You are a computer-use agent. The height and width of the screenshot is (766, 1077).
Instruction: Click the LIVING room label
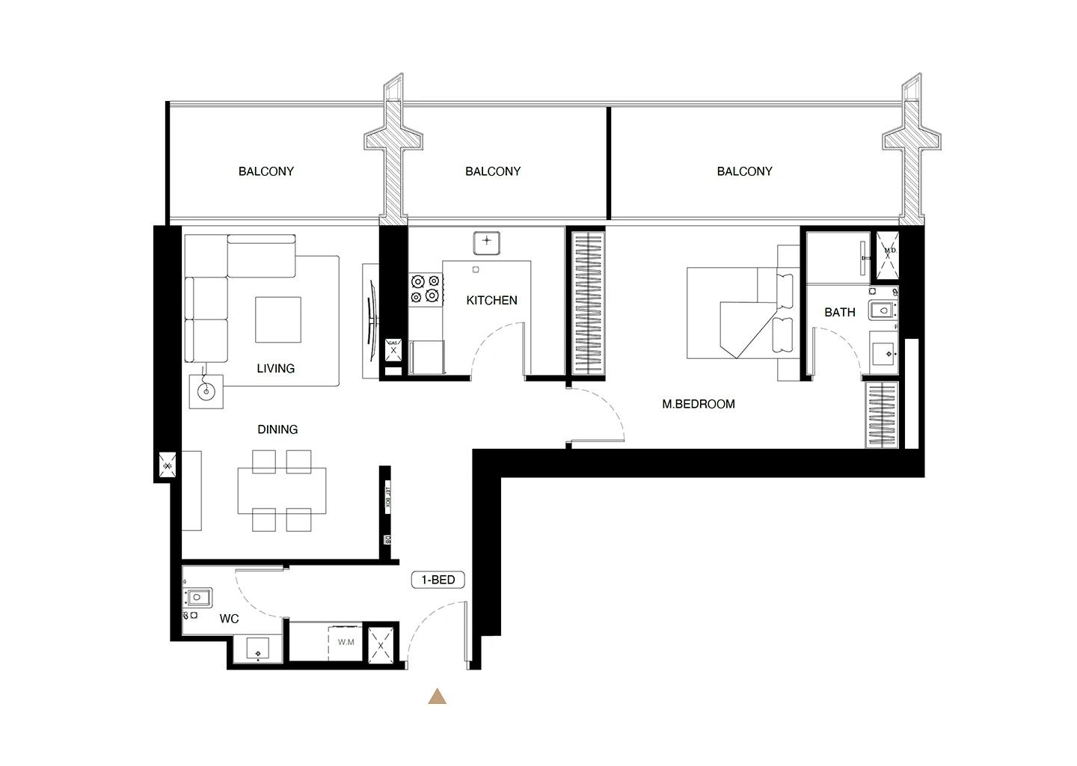click(x=275, y=368)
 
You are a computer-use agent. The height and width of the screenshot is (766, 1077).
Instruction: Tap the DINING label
click(x=277, y=429)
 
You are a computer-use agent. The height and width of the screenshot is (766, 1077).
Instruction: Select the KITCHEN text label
click(x=491, y=300)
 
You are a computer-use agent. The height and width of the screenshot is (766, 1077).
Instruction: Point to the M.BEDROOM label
click(x=699, y=404)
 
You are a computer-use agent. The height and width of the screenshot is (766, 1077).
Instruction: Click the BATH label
click(x=839, y=312)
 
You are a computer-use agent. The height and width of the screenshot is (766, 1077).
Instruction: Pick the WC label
click(x=229, y=619)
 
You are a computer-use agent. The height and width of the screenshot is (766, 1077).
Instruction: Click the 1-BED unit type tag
click(x=438, y=580)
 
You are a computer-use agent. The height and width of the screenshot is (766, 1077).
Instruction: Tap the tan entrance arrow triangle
click(x=438, y=697)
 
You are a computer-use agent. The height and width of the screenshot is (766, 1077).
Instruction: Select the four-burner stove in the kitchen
click(x=425, y=289)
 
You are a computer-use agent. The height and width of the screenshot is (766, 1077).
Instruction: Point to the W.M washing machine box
click(x=346, y=642)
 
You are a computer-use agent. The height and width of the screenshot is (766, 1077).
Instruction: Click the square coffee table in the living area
click(x=278, y=319)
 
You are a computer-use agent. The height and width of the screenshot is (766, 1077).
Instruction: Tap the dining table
click(x=282, y=491)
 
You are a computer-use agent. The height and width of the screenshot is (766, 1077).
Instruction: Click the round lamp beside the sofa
click(x=206, y=390)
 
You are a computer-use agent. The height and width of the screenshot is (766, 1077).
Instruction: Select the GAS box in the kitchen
click(x=393, y=346)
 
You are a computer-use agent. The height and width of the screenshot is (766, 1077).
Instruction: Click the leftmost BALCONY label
click(x=266, y=171)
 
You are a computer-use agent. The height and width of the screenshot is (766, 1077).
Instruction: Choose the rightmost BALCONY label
click(x=744, y=171)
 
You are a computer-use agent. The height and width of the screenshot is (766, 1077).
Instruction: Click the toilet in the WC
click(x=199, y=597)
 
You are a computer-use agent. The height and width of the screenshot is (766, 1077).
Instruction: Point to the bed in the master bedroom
click(x=737, y=314)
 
